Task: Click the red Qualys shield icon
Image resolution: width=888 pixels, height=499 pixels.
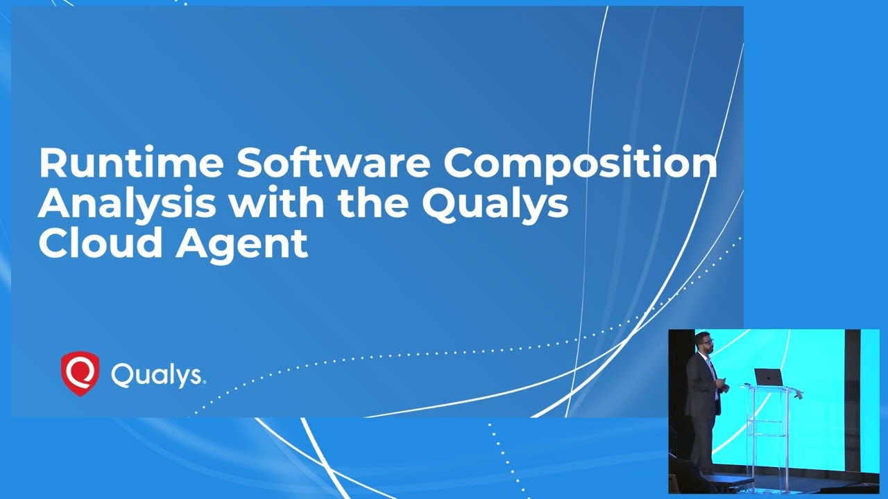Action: point(80,373)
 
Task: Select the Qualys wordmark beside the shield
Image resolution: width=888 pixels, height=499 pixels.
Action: point(158,376)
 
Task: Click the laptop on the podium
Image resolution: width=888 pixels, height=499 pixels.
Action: point(768,377)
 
